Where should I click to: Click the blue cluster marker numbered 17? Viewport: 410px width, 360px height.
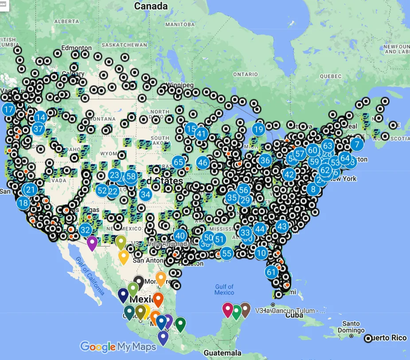[x=8, y=109]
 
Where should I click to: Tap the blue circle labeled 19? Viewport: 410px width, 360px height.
[x=258, y=129]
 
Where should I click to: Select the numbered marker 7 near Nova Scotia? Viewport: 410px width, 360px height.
[x=357, y=144]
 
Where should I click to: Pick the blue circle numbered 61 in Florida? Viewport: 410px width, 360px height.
[x=272, y=272]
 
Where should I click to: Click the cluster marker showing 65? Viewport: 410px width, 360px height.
[x=179, y=162]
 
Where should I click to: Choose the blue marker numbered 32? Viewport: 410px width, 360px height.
[x=86, y=230]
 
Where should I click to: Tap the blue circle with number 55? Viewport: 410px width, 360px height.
[x=226, y=253]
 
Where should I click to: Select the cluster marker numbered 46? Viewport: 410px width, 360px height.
[x=203, y=162]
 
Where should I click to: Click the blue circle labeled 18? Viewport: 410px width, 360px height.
[x=23, y=203]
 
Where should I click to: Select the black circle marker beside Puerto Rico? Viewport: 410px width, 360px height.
[x=368, y=339]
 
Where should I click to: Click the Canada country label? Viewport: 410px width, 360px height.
[x=151, y=6]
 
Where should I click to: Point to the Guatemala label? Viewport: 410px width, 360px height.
[x=223, y=352]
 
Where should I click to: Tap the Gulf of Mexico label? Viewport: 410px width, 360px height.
[x=224, y=290]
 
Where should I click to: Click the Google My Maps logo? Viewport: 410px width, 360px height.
[x=118, y=346]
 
